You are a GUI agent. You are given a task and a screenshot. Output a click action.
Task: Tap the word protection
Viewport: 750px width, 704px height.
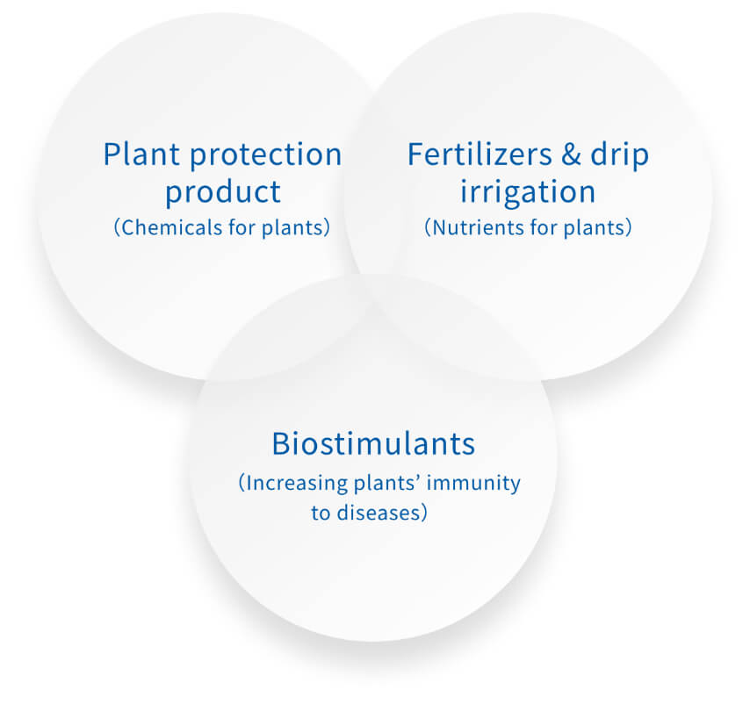266,155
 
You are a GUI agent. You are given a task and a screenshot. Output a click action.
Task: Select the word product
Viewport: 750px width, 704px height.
223,192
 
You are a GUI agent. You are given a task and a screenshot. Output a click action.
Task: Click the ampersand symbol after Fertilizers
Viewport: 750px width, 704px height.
571,154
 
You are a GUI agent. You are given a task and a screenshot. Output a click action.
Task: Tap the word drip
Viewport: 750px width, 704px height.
620,155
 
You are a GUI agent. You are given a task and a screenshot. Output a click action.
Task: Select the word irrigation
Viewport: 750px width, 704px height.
528,192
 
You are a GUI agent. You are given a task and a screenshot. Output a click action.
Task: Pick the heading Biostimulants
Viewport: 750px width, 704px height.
373,444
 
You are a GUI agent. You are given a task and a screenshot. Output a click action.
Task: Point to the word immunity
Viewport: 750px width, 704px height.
473,483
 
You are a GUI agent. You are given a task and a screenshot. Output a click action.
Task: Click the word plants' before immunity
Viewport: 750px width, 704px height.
386,483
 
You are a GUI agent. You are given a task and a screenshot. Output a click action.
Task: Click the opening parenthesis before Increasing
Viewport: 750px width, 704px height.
242,484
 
